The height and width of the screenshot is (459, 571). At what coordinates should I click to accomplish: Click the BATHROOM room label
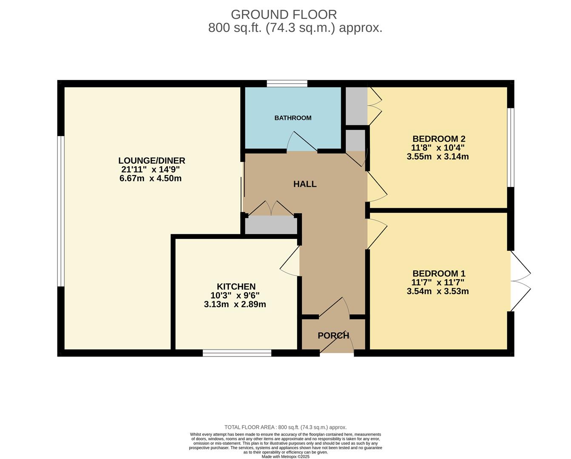click(x=293, y=118)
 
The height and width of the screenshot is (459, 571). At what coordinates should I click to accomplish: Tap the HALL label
click(x=305, y=184)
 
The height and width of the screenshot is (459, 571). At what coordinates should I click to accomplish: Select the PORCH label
click(x=333, y=335)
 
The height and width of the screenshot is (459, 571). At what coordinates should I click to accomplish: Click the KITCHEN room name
click(x=236, y=287)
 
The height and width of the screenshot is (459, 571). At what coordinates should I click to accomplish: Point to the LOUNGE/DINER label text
click(x=152, y=161)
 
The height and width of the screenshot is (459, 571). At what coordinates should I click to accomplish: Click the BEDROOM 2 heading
click(x=439, y=139)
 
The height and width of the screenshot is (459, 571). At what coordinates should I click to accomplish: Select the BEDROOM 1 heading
click(x=439, y=274)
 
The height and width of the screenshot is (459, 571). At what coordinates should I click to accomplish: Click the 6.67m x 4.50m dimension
click(x=151, y=178)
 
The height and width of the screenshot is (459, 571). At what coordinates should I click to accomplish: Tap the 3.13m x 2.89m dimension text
click(x=235, y=304)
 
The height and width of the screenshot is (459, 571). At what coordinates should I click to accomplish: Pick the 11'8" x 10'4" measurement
click(x=437, y=148)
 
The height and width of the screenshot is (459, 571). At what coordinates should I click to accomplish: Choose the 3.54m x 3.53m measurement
click(x=437, y=292)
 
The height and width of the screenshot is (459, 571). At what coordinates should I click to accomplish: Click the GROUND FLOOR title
click(x=284, y=14)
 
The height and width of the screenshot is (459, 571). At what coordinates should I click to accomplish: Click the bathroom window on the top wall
click(x=287, y=83)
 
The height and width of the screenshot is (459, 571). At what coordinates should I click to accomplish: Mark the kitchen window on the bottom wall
click(x=237, y=353)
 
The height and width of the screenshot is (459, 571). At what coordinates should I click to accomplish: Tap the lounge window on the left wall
click(x=61, y=211)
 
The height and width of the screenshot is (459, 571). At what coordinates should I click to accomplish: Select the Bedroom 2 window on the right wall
click(x=511, y=147)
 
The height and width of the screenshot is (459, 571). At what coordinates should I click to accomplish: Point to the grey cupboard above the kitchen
click(x=271, y=225)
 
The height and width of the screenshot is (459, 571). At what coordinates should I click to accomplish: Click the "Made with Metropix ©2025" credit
click(x=285, y=457)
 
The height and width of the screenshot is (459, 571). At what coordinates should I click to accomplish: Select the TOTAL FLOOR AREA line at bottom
click(x=285, y=427)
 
